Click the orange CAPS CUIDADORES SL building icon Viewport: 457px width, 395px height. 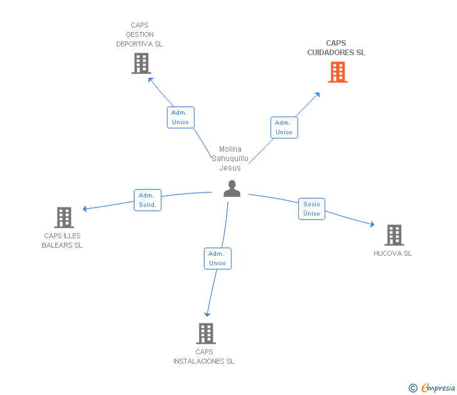tap(338, 72)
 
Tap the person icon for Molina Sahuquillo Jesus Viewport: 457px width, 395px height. tap(232, 189)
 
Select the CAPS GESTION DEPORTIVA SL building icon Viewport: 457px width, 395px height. tap(141, 63)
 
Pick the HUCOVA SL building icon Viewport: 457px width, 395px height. tap(394, 235)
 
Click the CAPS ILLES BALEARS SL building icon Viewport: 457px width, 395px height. tap(64, 218)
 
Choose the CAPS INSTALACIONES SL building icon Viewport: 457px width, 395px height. tap(205, 334)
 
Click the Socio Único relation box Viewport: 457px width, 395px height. tap(311, 209)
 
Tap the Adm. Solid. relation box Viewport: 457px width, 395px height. tap(148, 200)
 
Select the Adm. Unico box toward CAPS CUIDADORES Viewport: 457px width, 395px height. tap(284, 127)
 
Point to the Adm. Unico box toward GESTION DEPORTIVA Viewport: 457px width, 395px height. tap(180, 117)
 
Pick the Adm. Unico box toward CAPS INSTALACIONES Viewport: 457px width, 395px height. tap(217, 258)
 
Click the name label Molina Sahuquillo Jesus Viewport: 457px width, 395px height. tap(230, 159)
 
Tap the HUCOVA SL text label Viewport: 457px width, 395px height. tap(392, 253)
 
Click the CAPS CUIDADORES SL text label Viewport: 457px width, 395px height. tap(336, 48)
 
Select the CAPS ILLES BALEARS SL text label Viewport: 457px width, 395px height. tap(62, 241)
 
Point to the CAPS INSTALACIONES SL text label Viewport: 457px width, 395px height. tap(204, 357)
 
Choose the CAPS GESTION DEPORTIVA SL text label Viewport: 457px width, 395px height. tap(139, 35)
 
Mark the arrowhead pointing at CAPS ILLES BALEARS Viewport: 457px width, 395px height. tap(85, 209)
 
